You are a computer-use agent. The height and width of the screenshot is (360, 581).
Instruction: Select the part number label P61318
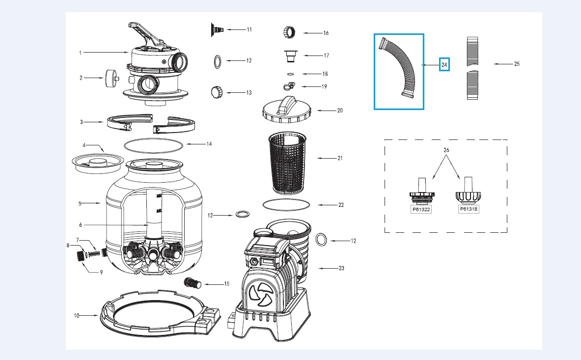pos(469,209)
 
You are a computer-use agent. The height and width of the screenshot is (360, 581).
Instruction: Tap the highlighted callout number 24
pos(444,64)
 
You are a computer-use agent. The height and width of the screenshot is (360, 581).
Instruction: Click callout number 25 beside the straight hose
pos(516,64)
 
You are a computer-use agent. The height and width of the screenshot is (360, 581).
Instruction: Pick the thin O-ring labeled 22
pos(287,203)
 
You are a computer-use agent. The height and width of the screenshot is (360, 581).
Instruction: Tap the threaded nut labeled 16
pos(288,33)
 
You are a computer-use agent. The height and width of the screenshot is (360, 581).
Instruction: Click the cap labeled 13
pos(217,92)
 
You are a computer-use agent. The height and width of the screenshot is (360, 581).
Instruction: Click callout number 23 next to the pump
pos(341,268)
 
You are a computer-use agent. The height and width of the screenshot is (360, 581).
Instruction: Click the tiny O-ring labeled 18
pos(290,74)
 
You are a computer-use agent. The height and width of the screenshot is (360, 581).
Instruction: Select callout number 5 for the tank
pos(80,202)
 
